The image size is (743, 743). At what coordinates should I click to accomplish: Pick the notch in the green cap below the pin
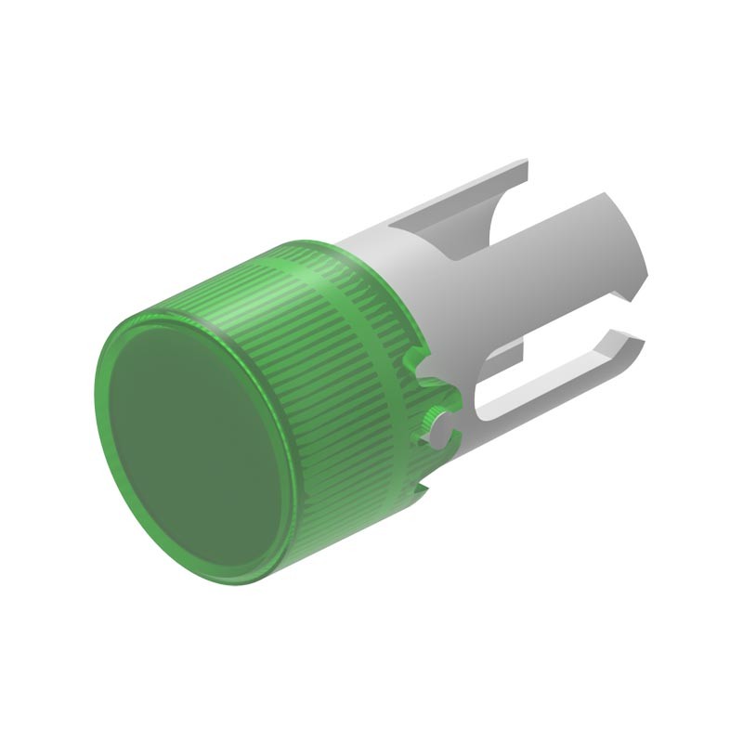(421, 488)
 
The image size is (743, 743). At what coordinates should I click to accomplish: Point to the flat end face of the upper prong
(525, 172)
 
